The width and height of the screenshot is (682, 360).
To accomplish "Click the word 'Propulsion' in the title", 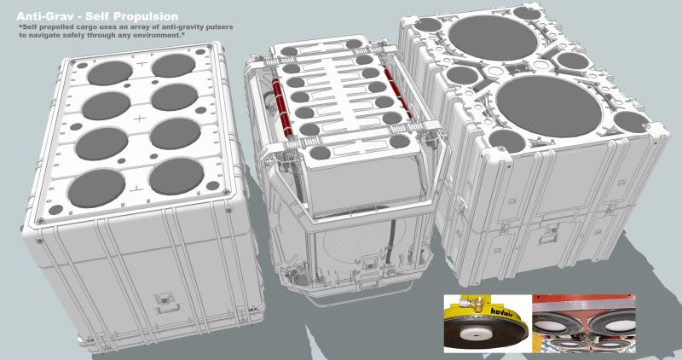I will click(x=146, y=15).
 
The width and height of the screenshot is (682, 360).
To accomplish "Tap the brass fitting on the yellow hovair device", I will click(x=474, y=305).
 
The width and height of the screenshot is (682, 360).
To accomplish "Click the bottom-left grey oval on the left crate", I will click(x=91, y=184).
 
